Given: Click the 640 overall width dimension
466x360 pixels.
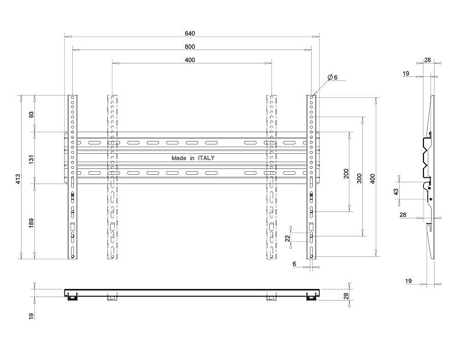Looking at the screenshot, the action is click(x=190, y=33).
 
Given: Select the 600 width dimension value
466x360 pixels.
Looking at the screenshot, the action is click(x=190, y=47).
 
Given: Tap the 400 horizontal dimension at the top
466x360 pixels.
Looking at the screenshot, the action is click(x=190, y=60).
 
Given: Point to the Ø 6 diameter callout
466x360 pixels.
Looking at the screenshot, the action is click(x=333, y=77).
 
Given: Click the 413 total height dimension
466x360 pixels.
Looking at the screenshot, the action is click(x=19, y=179).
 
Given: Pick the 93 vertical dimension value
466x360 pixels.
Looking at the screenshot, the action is click(x=31, y=114).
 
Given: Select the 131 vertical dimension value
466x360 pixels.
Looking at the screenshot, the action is click(x=31, y=158).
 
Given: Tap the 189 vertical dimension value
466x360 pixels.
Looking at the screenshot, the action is click(x=31, y=223).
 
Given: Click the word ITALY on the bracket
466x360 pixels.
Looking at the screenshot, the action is click(x=206, y=158).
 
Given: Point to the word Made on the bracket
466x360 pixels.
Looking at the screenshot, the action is click(x=179, y=158).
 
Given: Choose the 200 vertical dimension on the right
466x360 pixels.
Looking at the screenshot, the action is click(x=346, y=174).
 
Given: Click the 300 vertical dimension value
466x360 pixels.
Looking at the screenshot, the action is click(x=359, y=178).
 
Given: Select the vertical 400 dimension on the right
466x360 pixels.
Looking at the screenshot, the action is click(x=373, y=179).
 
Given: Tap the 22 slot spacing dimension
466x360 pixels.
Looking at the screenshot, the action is click(x=287, y=238).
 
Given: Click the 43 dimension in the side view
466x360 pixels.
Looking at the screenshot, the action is click(x=396, y=192).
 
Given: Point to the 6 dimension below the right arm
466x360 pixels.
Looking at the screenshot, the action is click(x=295, y=264).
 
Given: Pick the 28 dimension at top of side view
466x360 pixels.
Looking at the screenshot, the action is click(x=428, y=60).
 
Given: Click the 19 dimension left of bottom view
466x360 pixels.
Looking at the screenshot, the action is click(x=31, y=316).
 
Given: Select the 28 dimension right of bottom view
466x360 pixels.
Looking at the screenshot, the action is click(x=346, y=296).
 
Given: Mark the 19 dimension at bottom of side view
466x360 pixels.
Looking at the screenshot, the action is click(x=409, y=281).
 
